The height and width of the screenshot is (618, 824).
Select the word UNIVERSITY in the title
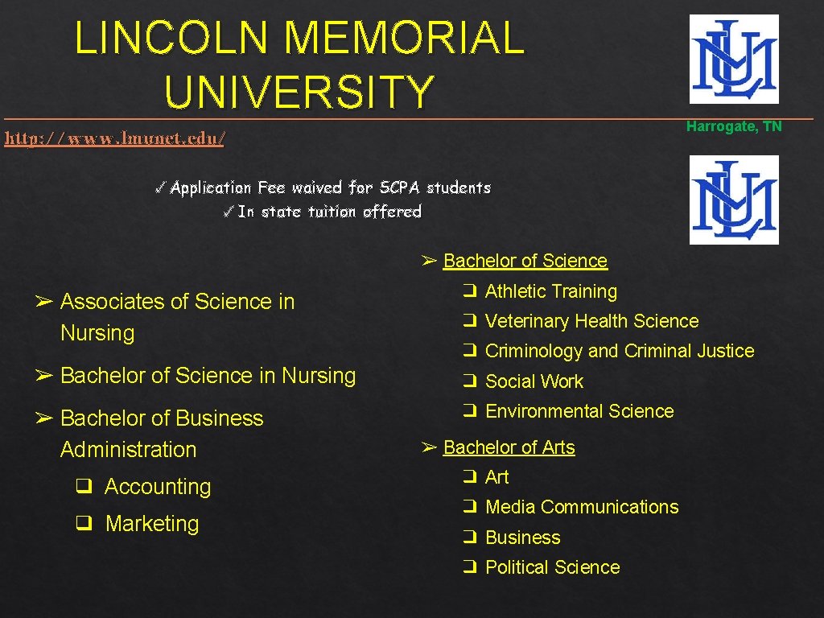(300, 91)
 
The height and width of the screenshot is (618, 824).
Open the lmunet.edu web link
(114, 138)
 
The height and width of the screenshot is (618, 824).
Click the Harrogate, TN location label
(734, 126)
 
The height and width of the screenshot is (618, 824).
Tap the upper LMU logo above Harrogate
(734, 59)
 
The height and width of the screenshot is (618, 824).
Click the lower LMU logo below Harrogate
(734, 200)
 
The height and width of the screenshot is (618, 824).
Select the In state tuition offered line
(322, 212)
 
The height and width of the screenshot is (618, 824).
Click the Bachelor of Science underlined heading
(525, 261)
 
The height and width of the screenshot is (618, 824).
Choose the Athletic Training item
(550, 291)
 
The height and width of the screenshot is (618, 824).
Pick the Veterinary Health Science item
(591, 321)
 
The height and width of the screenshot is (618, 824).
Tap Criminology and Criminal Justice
(620, 351)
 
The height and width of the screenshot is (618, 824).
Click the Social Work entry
(534, 381)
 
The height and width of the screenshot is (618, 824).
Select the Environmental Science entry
(579, 411)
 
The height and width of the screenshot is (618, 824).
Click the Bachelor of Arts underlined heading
(509, 447)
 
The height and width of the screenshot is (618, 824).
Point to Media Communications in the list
(582, 507)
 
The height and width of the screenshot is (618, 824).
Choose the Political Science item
(552, 567)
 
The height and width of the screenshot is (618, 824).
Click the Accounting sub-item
(158, 487)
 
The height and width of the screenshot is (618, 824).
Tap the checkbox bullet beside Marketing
(82, 524)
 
